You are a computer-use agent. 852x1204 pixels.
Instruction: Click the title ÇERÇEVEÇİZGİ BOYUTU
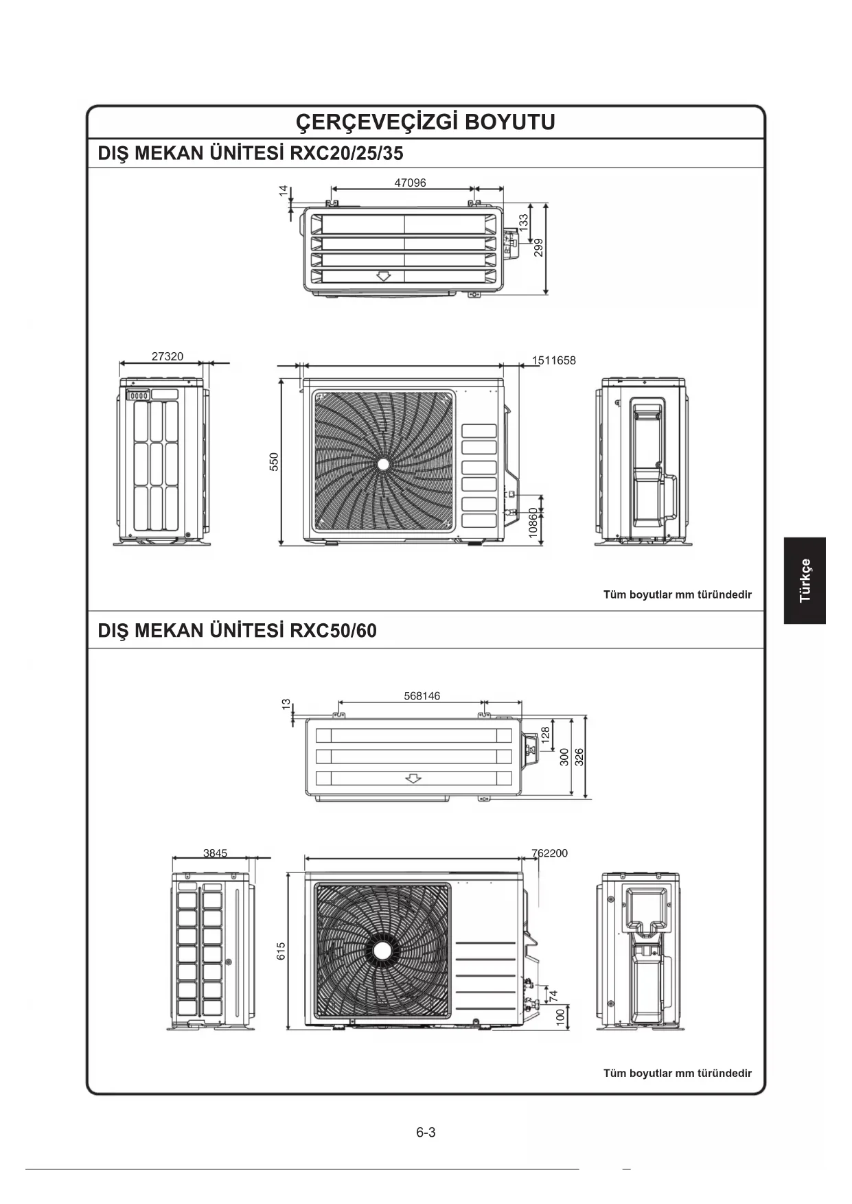pyautogui.click(x=425, y=122)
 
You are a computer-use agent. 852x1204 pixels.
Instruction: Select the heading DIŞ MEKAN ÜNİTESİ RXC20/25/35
pyautogui.click(x=251, y=153)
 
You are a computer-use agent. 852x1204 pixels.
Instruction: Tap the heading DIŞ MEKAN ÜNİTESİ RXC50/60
pyautogui.click(x=238, y=630)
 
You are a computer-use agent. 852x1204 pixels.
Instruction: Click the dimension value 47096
pyautogui.click(x=410, y=183)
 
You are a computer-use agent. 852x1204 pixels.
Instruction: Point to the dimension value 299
pyautogui.click(x=539, y=247)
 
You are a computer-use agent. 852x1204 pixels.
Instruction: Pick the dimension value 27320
pyautogui.click(x=168, y=356)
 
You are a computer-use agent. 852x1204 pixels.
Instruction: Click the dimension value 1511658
pyautogui.click(x=553, y=360)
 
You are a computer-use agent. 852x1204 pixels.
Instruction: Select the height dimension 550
pyautogui.click(x=274, y=461)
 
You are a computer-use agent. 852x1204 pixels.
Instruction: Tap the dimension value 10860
pyautogui.click(x=533, y=524)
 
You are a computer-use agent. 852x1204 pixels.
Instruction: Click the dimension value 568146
pyautogui.click(x=422, y=695)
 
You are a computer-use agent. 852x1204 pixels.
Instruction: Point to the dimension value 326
pyautogui.click(x=579, y=757)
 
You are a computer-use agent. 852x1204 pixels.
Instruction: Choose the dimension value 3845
pyautogui.click(x=215, y=853)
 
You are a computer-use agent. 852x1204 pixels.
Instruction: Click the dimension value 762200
pyautogui.click(x=550, y=853)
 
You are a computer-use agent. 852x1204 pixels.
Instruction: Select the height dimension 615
pyautogui.click(x=281, y=951)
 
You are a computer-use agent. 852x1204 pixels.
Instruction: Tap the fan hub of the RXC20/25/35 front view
pyautogui.click(x=383, y=464)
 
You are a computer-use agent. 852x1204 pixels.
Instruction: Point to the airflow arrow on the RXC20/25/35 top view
pyautogui.click(x=383, y=276)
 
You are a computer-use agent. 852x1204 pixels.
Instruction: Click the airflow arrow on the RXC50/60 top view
pyautogui.click(x=413, y=778)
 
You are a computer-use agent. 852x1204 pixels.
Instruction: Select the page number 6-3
pyautogui.click(x=426, y=1132)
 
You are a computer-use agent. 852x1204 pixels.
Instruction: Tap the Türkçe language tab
pyautogui.click(x=805, y=581)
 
